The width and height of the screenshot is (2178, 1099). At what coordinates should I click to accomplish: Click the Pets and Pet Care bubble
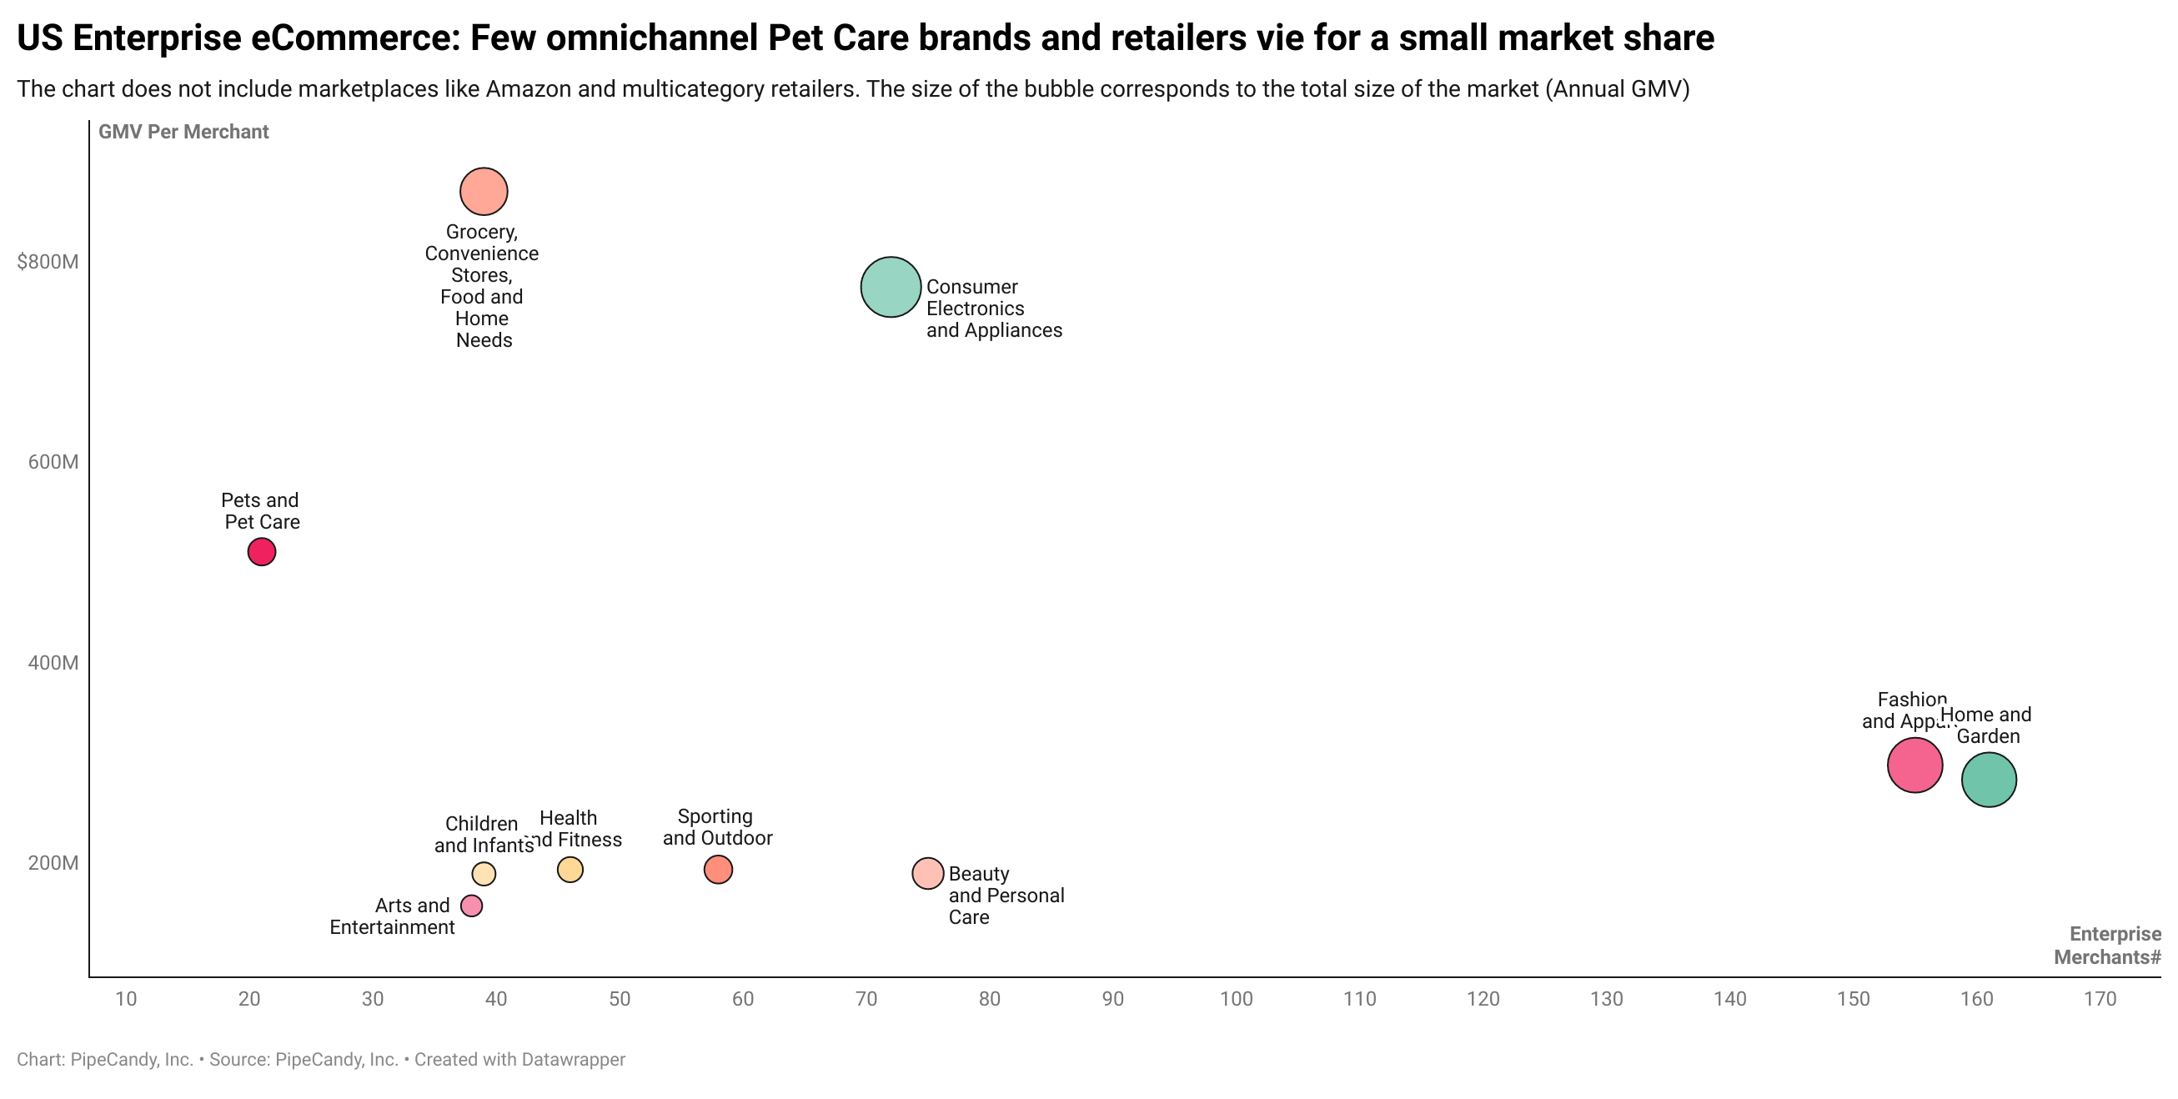coord(261,552)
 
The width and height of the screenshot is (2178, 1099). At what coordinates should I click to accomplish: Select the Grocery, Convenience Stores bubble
coord(484,192)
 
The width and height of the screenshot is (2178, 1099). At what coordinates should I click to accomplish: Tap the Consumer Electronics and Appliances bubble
coord(891,288)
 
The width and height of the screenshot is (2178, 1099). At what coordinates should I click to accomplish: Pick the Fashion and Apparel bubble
coord(1915,765)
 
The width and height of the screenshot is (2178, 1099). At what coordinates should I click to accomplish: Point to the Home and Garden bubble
coord(1989,780)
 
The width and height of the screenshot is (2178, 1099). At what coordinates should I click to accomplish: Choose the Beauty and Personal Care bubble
coord(927,873)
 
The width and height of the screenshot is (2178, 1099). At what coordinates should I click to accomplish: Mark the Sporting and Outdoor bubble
coord(718,869)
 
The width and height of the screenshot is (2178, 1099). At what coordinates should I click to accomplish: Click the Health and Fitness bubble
coord(570,869)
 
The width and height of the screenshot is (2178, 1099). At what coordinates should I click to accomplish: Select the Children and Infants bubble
coord(484,873)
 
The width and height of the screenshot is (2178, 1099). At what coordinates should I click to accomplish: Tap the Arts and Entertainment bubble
coord(471,906)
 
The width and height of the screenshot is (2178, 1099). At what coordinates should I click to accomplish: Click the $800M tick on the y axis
coord(48,262)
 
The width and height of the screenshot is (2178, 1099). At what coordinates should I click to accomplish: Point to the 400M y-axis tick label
coord(53,663)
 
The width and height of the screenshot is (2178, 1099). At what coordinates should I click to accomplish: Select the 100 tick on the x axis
coord(1235,999)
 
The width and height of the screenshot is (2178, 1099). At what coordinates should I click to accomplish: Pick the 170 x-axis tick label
coord(2100,999)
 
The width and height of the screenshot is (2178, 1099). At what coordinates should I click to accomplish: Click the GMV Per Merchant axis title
coord(183,132)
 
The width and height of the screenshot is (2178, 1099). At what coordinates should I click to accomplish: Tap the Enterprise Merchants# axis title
coord(2108,946)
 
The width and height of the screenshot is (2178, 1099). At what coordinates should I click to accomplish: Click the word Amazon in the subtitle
coord(524,89)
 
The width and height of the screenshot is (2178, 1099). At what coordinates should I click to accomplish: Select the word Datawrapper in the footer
coord(573,1060)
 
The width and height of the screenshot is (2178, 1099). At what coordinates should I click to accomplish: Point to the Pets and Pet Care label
coord(261,511)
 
